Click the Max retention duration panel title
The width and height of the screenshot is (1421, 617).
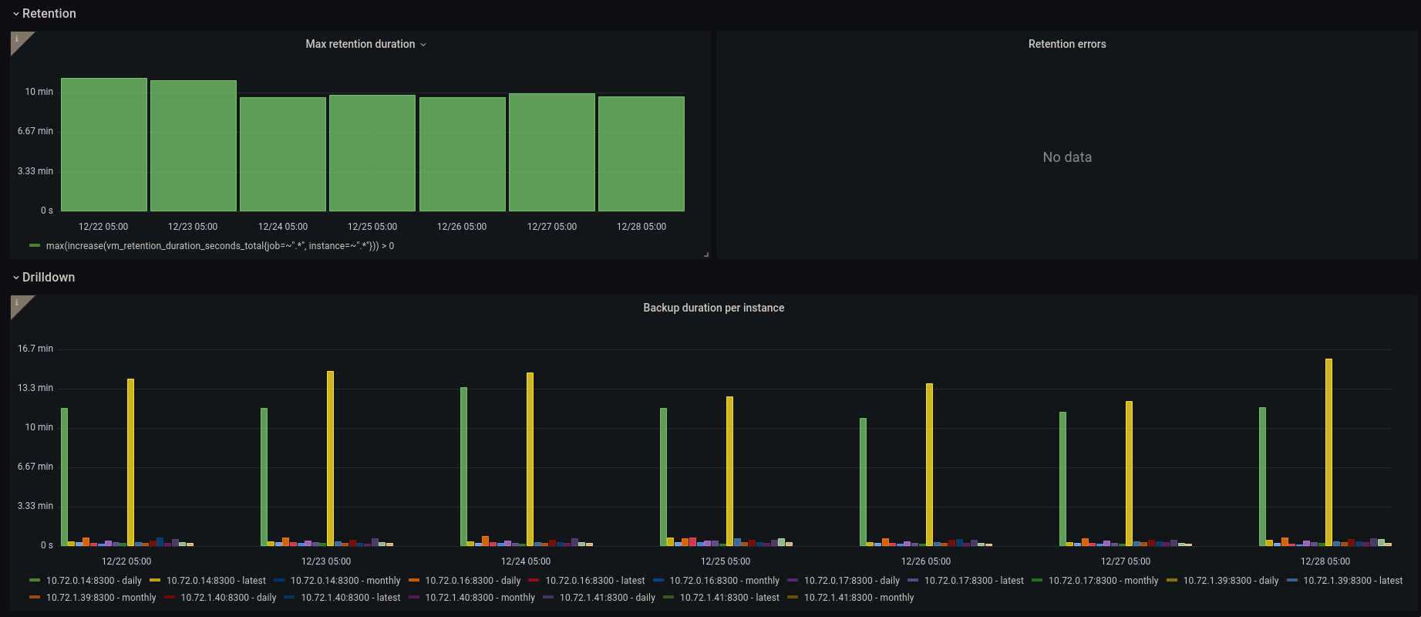[360, 44]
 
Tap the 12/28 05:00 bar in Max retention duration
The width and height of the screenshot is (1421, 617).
[641, 153]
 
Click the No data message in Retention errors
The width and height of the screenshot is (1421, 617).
[1067, 157]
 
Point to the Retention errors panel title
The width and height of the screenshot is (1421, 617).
[1067, 44]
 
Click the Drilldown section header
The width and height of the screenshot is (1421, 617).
[49, 278]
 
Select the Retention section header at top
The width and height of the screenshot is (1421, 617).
[49, 14]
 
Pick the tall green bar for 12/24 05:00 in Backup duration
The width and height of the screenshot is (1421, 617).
[463, 467]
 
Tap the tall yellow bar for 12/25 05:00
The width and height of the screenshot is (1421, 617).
[729, 471]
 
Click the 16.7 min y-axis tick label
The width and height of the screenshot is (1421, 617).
[35, 349]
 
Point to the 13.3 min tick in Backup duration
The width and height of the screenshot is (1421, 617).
[35, 388]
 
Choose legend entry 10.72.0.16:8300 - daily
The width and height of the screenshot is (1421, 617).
[473, 581]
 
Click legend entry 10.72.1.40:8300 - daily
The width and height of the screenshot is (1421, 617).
[228, 598]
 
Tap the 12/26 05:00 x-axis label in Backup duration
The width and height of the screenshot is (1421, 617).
[926, 561]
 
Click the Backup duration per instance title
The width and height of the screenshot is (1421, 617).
[714, 308]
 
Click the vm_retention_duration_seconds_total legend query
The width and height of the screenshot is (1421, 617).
[220, 246]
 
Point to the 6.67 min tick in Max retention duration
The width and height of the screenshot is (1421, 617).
[35, 131]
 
